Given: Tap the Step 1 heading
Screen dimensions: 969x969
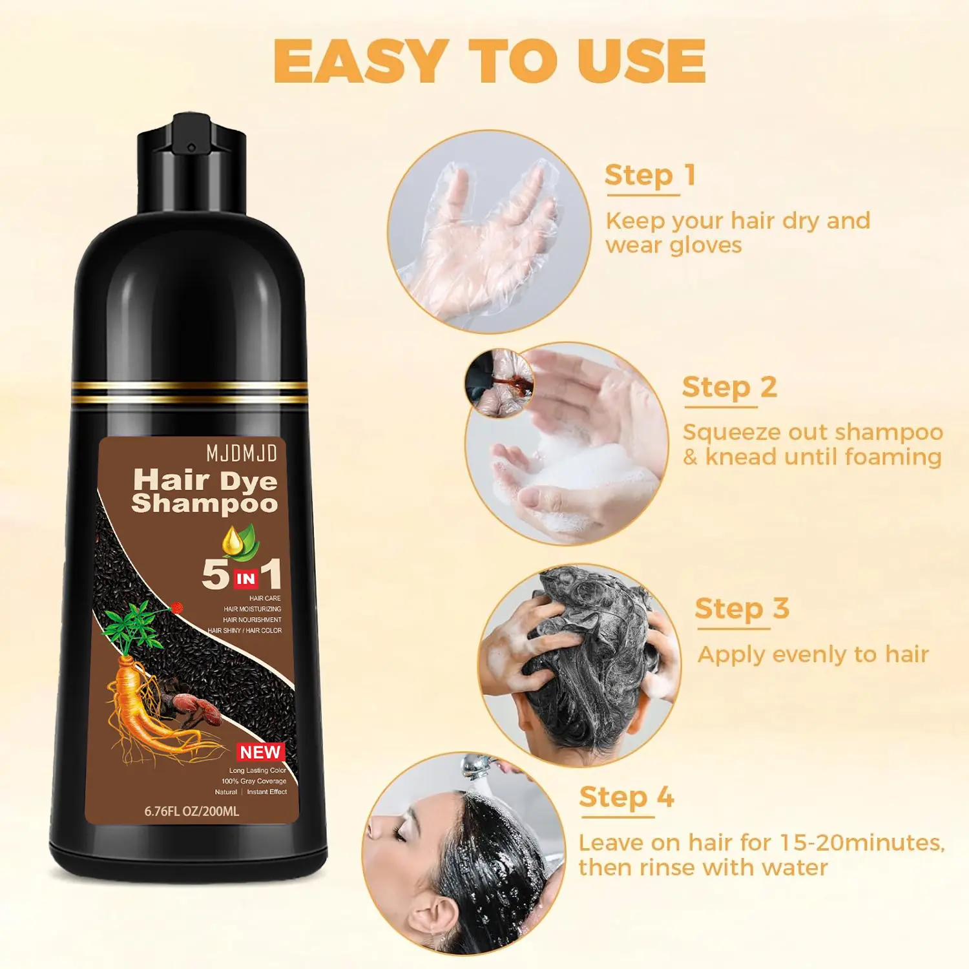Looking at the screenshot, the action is click(650, 175).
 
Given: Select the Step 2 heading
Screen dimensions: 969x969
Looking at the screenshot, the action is click(729, 388).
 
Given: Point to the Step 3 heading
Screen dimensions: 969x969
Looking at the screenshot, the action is click(742, 609).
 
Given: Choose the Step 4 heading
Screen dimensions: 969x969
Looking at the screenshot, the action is click(627, 797).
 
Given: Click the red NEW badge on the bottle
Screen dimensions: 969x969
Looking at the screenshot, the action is click(260, 752).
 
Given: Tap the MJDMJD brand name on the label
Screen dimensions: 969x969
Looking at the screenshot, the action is click(242, 453).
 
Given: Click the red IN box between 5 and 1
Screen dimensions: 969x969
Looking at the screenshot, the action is click(246, 578).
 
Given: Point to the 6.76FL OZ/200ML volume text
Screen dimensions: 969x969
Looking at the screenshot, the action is click(192, 811).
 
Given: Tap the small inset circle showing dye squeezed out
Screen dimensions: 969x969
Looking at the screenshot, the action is click(499, 383).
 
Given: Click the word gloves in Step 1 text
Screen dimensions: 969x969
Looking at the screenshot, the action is click(706, 246).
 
